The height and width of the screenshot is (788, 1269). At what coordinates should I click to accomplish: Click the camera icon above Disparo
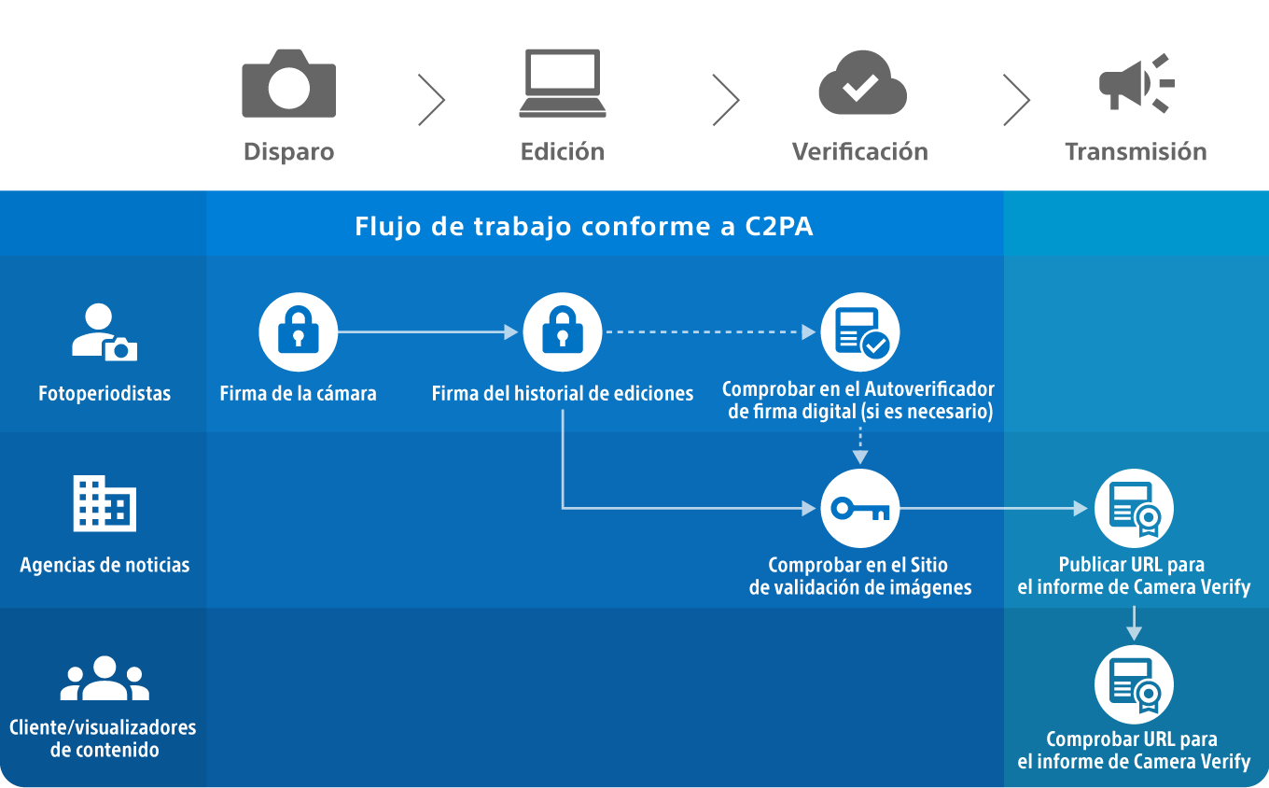289,83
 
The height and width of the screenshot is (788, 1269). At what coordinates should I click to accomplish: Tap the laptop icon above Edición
563,83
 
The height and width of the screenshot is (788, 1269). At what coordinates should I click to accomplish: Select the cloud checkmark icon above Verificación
863,83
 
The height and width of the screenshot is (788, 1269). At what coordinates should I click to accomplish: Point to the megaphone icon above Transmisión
1136,83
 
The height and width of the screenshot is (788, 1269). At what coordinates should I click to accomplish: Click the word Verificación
860,152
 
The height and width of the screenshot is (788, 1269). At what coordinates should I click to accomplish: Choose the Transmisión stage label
1136,152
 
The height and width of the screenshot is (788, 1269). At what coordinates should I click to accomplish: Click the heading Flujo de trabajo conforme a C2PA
584,226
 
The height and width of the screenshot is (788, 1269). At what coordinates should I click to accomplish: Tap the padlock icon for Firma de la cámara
298,332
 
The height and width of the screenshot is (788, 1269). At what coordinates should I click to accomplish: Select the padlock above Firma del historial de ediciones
563,332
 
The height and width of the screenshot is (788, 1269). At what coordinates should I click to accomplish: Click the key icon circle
860,509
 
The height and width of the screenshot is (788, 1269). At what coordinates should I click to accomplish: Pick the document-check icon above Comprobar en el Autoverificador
860,332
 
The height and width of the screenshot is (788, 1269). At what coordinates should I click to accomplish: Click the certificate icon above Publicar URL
1135,509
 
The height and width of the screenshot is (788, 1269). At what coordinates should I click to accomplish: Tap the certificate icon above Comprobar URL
1135,684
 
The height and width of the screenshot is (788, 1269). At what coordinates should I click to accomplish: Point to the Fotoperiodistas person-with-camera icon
105,332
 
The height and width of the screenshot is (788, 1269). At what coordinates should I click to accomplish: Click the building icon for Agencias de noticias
105,503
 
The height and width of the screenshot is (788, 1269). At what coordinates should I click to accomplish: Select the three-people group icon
105,678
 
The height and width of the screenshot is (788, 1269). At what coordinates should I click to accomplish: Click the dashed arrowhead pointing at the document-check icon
809,332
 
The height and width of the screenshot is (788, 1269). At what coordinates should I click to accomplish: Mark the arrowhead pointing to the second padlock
511,332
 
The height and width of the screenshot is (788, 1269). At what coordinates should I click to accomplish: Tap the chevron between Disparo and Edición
432,100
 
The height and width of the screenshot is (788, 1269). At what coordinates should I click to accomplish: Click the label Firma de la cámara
298,393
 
